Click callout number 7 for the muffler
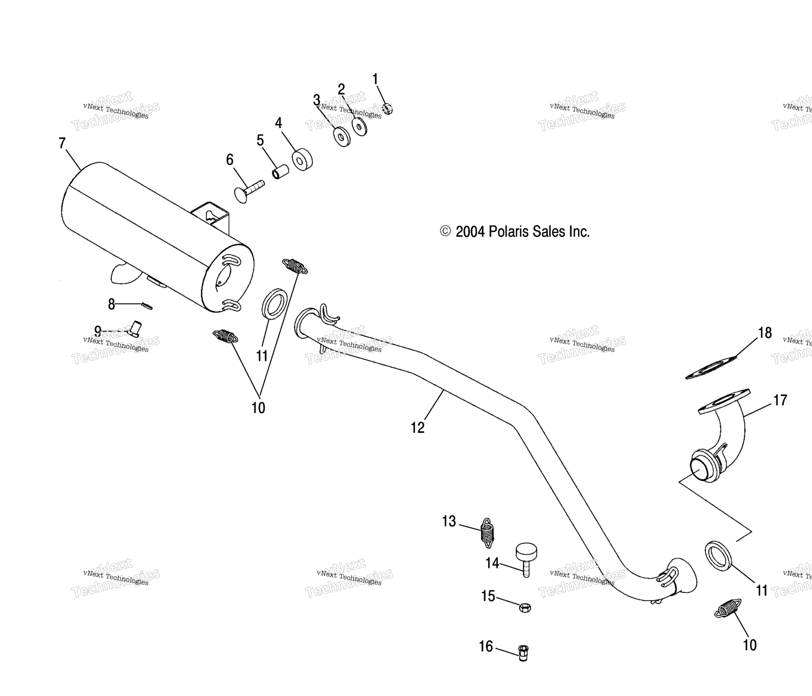point(62,143)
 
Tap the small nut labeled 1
point(387,109)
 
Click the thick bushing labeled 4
point(302,159)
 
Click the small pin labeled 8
point(147,306)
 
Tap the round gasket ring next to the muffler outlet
point(274,303)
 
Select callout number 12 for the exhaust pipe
point(417,427)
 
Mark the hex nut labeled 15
point(524,607)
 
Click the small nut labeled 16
point(523,653)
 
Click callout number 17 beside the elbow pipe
point(780,400)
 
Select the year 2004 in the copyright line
point(470,232)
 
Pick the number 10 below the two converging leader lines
point(258,408)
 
